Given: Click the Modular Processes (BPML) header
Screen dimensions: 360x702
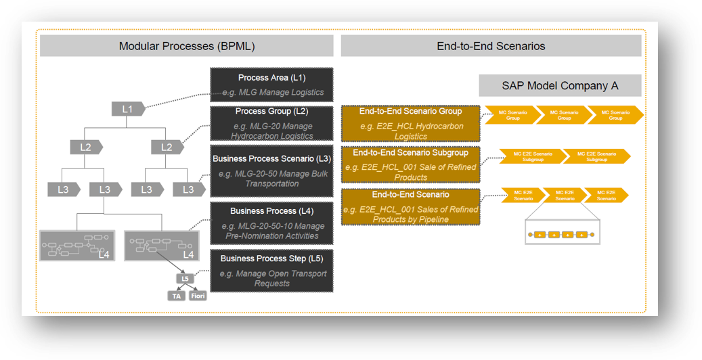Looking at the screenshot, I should (187, 46).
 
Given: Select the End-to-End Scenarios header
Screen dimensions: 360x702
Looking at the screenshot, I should (491, 46).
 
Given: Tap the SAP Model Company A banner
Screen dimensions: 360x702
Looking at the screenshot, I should (560, 86).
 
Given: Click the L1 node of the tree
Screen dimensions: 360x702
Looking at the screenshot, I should (127, 108).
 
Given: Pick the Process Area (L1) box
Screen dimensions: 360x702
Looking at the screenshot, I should (271, 85).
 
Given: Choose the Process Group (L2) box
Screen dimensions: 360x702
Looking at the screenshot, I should (271, 123).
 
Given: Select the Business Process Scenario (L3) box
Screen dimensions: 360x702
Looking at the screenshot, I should (271, 171).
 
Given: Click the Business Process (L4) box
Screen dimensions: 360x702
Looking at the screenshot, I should (271, 223).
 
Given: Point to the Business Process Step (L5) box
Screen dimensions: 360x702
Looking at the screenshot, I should (271, 271).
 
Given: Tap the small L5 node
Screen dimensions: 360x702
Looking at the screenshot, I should (184, 278).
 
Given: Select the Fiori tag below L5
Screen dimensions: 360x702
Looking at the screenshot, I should (197, 295).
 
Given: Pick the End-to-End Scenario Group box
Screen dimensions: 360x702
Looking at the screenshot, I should (410, 122).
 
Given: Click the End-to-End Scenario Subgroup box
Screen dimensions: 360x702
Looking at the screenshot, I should (410, 164).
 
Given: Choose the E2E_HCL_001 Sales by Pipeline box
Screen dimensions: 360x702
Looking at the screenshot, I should (410, 206).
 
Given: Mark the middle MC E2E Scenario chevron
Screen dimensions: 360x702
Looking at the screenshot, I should (565, 196).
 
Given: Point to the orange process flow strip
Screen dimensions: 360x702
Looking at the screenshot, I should (563, 235).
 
